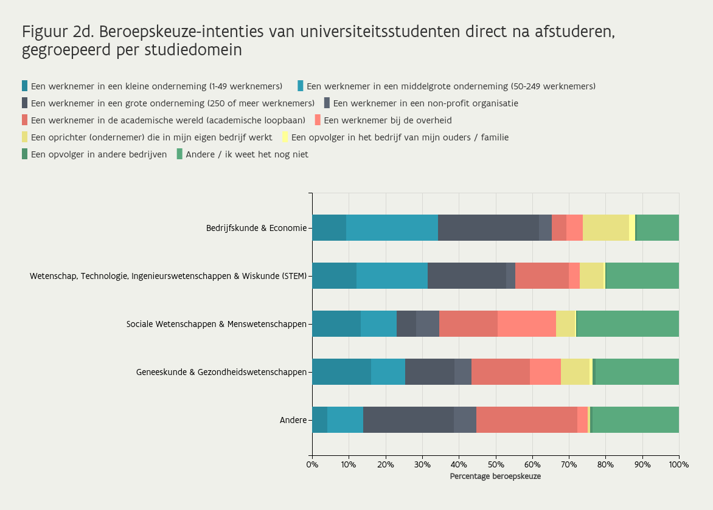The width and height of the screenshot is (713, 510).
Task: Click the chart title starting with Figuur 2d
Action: pyautogui.click(x=318, y=40)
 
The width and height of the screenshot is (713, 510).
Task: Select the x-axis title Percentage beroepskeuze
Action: pyautogui.click(x=495, y=477)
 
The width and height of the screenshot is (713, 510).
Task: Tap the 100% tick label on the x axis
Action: pyautogui.click(x=678, y=465)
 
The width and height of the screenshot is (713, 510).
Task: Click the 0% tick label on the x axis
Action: pyautogui.click(x=312, y=465)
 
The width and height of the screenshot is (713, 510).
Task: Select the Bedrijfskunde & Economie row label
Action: pyautogui.click(x=256, y=229)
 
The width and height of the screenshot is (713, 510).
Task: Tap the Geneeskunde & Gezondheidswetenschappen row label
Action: pyautogui.click(x=221, y=372)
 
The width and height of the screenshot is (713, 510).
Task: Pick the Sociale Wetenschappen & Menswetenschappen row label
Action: pyautogui.click(x=216, y=324)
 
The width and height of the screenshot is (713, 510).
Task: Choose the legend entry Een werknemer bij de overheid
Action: pyautogui.click(x=388, y=120)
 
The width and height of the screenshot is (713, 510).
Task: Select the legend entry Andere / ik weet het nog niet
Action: pyautogui.click(x=246, y=154)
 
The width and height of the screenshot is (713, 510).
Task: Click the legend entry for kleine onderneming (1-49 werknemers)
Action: pyautogui.click(x=156, y=86)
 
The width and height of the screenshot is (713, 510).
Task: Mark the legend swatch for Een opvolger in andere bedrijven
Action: pyautogui.click(x=25, y=154)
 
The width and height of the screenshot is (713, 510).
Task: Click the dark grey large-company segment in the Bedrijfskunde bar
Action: pyautogui.click(x=488, y=228)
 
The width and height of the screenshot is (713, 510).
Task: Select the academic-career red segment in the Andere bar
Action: pyautogui.click(x=526, y=419)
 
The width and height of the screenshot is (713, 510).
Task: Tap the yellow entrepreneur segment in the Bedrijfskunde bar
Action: pyautogui.click(x=605, y=228)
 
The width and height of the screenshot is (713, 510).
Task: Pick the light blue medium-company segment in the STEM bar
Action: pyautogui.click(x=392, y=276)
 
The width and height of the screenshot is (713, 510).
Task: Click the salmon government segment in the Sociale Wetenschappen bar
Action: pyautogui.click(x=526, y=323)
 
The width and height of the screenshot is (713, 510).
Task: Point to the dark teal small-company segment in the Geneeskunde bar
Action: pyautogui.click(x=341, y=371)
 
